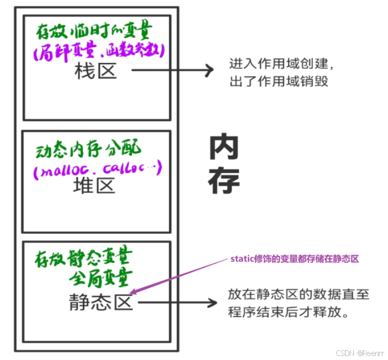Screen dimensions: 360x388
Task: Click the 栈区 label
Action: [x=96, y=71]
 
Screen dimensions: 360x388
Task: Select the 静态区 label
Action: [x=101, y=302]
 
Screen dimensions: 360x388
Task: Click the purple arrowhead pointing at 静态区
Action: [x=134, y=292]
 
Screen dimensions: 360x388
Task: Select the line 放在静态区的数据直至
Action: [x=298, y=295]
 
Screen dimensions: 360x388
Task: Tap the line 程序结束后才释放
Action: [x=288, y=312]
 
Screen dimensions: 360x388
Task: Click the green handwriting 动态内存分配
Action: [x=88, y=151]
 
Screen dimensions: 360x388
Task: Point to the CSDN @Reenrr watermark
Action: [x=358, y=352]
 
